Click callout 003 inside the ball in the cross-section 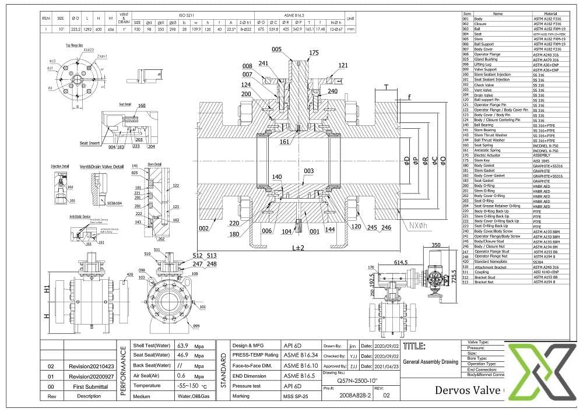pos(309,171)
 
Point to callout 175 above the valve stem pos(314,53)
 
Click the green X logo pos(540,374)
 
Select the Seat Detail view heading pos(125,104)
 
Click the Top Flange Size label pos(73,44)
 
